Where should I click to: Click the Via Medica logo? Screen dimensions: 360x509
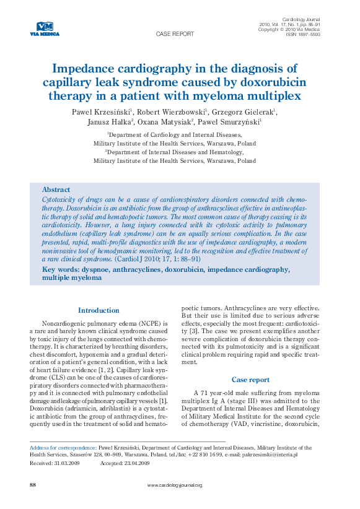45,28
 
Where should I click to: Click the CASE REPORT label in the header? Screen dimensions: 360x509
174,35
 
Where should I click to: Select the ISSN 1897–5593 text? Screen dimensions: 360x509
302,35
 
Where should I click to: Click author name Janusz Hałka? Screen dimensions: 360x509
110,122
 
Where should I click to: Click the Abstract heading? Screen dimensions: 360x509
56,189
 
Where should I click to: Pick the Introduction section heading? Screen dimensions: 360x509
99,310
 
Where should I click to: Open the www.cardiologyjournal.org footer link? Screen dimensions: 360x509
175,485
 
